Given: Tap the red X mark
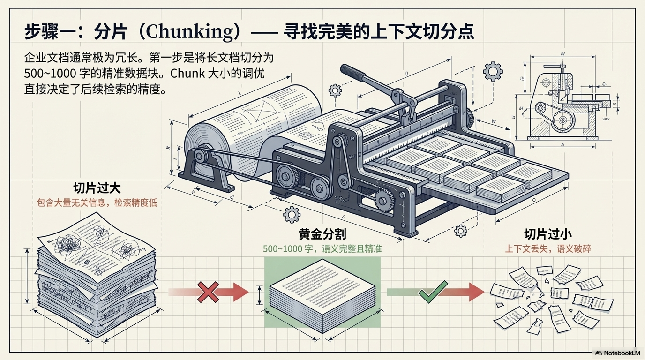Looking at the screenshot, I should point(208,292).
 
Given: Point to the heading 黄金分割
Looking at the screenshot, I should point(322,233).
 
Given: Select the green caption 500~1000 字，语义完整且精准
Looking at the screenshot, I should point(322,248).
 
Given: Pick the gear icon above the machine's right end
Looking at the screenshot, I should point(492,72).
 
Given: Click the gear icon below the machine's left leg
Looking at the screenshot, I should point(292,214).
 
